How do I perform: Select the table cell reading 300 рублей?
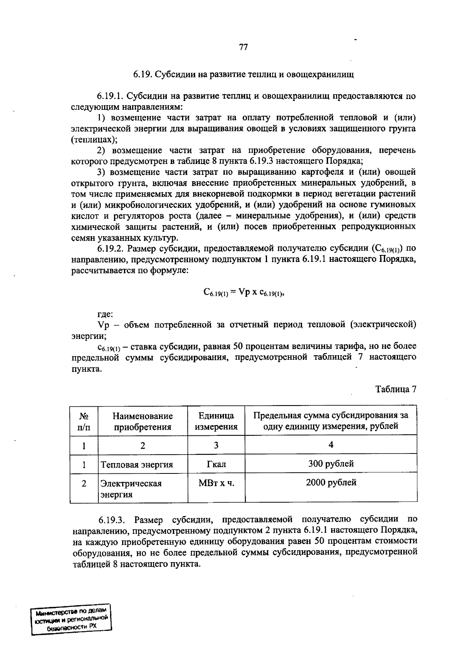tap(331, 463)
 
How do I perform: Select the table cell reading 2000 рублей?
tap(331, 482)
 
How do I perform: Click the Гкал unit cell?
tap(216, 464)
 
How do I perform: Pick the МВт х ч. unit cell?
tap(216, 483)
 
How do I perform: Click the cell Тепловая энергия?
tap(137, 465)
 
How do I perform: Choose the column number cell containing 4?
tap(331, 445)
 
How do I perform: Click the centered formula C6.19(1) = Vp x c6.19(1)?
tap(243, 293)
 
